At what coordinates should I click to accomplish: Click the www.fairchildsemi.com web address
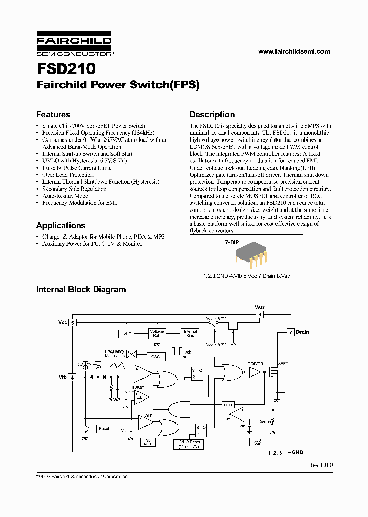[294, 51]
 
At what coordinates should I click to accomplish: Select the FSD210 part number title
[65, 68]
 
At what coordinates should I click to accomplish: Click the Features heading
[53, 115]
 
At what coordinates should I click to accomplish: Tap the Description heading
[212, 115]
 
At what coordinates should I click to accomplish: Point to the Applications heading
[61, 225]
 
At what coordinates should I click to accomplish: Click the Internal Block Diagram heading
[81, 289]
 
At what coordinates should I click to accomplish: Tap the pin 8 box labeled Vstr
[260, 315]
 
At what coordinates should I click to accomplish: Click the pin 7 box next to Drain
[290, 332]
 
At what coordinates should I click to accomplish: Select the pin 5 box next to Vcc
[73, 323]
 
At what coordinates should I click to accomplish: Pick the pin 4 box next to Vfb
[73, 377]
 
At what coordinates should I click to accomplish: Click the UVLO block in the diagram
[126, 334]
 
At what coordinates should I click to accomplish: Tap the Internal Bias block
[190, 334]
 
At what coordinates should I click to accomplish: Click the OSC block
[156, 356]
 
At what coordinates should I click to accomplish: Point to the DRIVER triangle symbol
[255, 373]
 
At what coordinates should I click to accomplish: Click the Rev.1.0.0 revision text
[320, 465]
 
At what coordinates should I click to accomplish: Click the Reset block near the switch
[104, 428]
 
